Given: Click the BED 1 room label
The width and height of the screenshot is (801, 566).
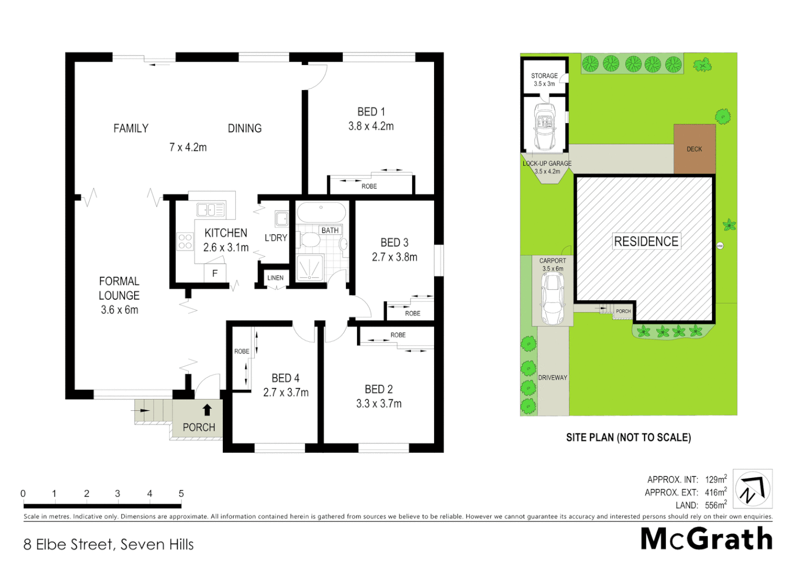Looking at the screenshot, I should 371,112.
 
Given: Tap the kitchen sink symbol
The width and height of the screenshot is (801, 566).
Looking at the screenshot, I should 210,210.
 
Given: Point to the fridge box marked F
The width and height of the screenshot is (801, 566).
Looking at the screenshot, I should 214,273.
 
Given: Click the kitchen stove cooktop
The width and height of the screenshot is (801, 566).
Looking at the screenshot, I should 185,242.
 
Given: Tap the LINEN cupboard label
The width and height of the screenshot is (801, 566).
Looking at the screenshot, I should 275,278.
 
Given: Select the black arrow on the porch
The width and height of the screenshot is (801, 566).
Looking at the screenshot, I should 207,409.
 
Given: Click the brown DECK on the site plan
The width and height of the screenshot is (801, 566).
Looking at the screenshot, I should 694,149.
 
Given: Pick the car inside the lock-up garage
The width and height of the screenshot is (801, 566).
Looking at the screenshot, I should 545,126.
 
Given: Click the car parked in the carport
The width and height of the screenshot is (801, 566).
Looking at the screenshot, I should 552,298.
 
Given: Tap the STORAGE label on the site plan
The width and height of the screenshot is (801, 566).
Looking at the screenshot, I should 544,76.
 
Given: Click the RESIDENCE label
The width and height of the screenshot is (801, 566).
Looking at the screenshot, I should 646,242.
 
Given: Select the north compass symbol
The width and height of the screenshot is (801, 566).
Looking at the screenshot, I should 752,488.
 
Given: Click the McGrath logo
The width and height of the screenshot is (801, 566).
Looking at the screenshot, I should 706,539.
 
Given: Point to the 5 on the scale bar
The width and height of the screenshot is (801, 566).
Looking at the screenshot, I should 181,494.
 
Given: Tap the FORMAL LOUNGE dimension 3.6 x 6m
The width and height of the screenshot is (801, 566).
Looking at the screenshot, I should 120,310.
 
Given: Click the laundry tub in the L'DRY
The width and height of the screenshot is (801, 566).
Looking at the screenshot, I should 282,218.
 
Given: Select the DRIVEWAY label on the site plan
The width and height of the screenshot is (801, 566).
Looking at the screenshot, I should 553,377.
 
